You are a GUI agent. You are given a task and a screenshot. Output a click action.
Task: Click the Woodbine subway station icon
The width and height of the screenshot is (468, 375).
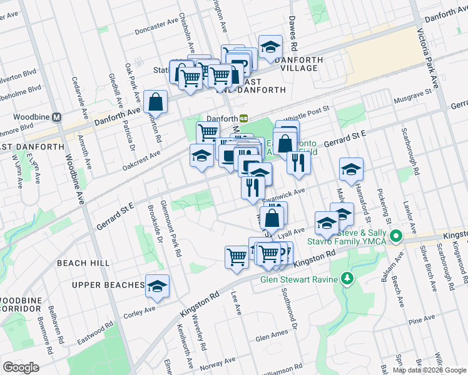(x=56, y=117)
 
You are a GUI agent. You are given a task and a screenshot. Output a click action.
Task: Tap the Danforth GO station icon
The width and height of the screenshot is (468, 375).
(x=243, y=118)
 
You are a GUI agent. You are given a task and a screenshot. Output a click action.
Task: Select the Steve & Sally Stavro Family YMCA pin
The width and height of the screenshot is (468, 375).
(x=395, y=236)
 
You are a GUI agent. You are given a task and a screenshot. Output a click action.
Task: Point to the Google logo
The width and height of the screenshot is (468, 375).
(x=21, y=367)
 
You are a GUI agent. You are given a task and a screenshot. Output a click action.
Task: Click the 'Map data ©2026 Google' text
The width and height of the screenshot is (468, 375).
(x=429, y=370)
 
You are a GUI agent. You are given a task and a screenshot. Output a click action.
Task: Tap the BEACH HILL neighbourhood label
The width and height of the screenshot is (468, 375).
(x=83, y=264)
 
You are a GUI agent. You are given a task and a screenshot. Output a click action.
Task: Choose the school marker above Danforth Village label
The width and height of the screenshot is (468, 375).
(x=270, y=47)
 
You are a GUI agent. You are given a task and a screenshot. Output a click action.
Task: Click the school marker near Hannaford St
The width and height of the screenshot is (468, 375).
(x=351, y=169)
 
